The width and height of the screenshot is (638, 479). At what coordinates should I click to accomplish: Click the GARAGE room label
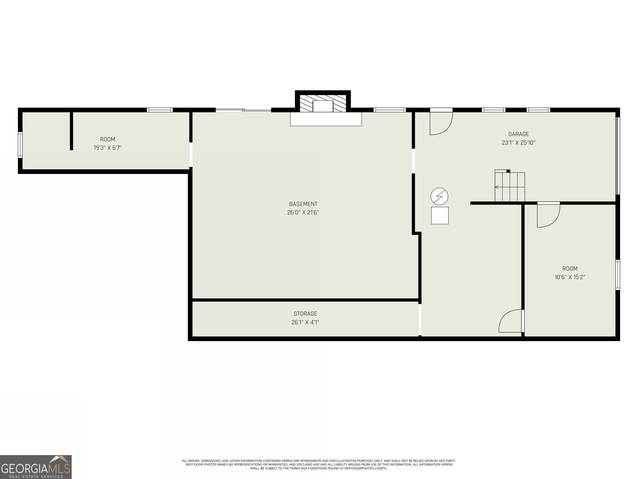[x=518, y=134]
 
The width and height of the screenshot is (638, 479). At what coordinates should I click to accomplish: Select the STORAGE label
[x=305, y=314]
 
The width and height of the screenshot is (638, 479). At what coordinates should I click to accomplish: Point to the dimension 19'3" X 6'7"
[x=108, y=148]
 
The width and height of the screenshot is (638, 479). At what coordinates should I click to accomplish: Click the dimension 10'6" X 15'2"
[x=570, y=277]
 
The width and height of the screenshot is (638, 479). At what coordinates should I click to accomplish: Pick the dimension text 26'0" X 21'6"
[x=303, y=212]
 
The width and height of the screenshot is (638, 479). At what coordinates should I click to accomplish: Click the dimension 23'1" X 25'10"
[x=518, y=143]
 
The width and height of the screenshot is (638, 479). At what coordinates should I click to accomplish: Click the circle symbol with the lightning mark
[x=439, y=196]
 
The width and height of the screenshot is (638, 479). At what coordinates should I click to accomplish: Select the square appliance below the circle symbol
[x=440, y=215]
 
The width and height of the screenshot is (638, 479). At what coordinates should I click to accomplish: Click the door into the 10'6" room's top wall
[x=548, y=215]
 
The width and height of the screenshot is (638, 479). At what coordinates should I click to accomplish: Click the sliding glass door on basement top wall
[x=243, y=110]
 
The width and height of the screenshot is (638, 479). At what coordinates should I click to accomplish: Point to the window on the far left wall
[x=20, y=145]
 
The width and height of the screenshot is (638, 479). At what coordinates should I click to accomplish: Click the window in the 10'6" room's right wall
[x=617, y=275]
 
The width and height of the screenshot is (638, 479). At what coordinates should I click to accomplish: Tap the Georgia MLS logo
[x=36, y=467]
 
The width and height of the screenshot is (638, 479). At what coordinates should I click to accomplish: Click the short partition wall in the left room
[x=71, y=131]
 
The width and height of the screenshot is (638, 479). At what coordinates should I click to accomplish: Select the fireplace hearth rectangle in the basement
[x=326, y=119]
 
